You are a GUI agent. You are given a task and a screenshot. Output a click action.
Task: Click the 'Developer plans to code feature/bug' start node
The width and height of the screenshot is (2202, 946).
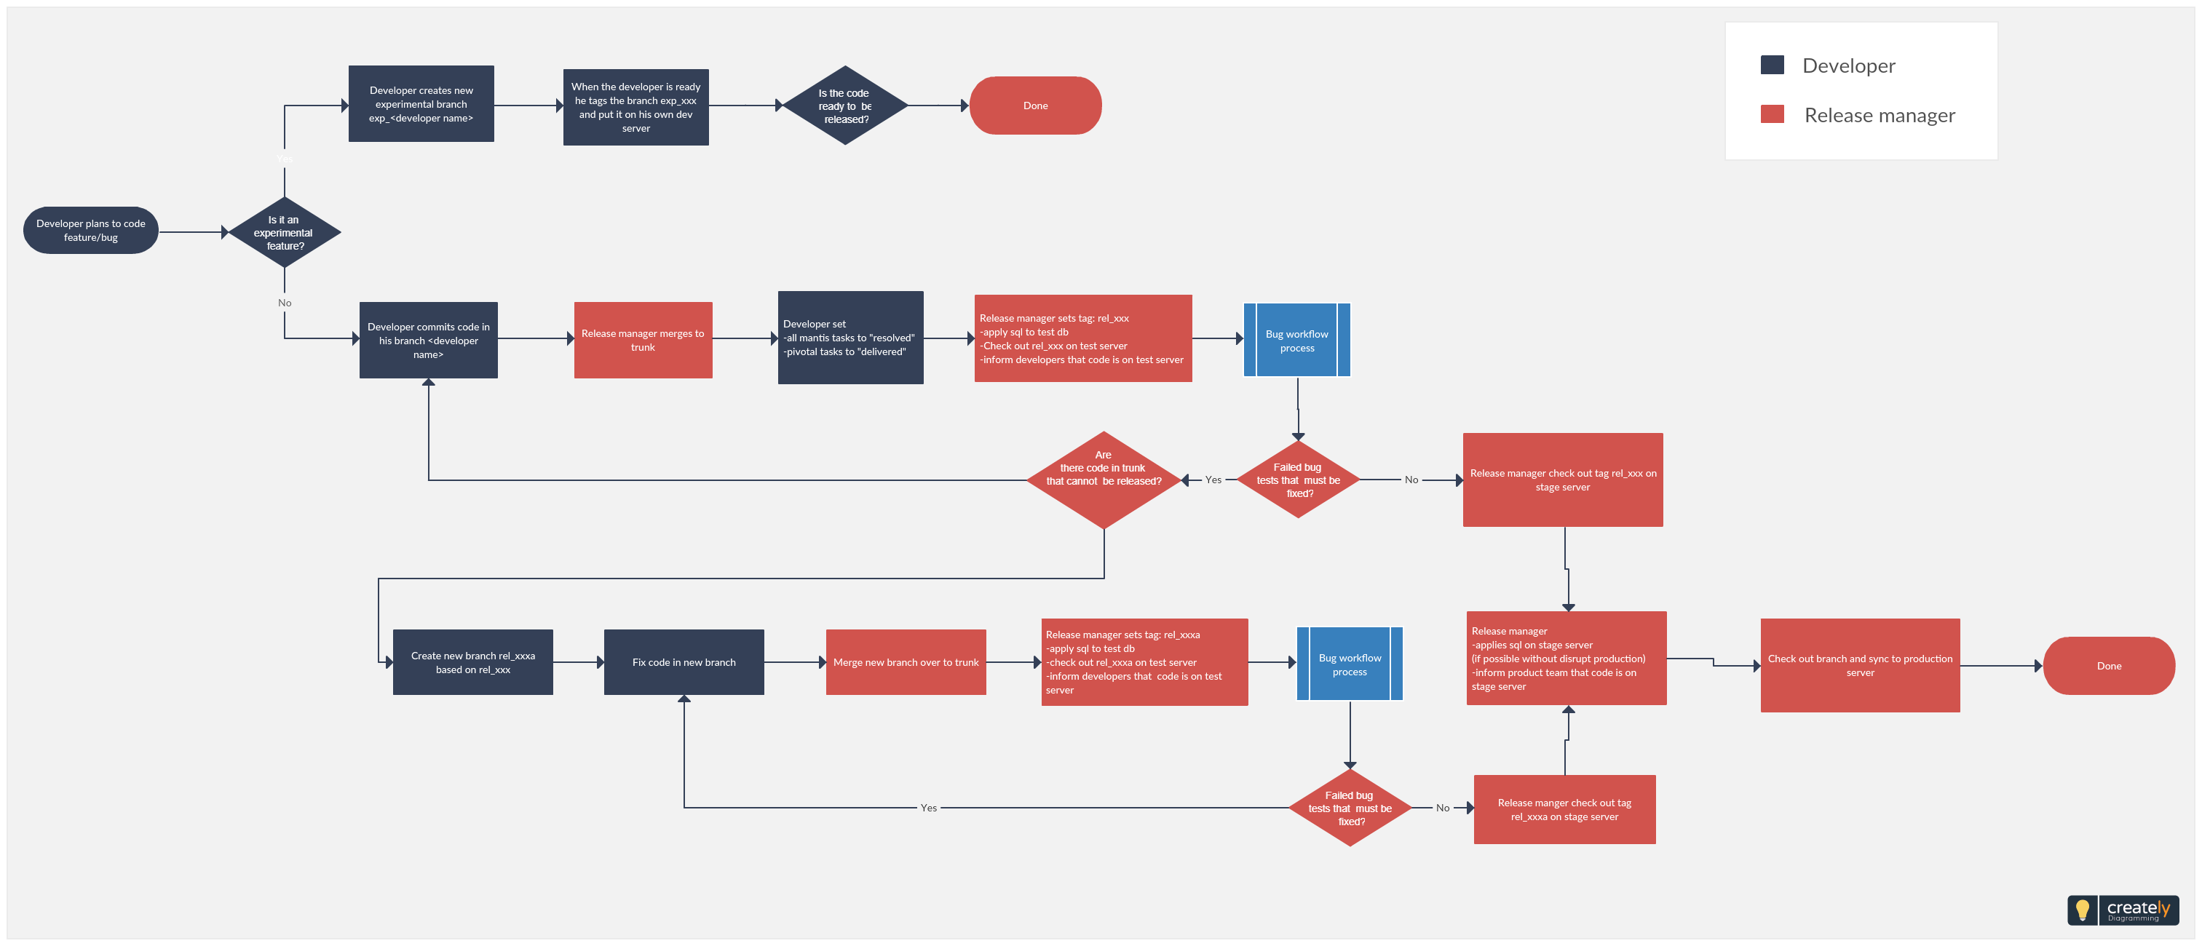90,231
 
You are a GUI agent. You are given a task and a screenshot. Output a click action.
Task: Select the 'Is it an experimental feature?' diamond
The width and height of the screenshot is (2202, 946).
285,232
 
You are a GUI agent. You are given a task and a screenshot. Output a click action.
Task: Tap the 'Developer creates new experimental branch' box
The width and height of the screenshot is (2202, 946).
421,104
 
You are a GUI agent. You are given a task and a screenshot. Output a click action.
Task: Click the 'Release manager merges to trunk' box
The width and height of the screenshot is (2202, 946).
643,340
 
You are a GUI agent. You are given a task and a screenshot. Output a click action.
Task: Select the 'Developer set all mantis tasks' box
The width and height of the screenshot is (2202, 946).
850,338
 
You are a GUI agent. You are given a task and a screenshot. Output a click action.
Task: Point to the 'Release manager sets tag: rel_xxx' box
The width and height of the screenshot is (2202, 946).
1083,338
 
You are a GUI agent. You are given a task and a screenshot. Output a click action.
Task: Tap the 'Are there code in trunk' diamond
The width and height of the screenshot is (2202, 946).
1104,480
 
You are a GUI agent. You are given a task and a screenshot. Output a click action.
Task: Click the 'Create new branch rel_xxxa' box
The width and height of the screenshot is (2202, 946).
472,662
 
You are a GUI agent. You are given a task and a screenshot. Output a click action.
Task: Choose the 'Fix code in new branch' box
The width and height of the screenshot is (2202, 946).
684,662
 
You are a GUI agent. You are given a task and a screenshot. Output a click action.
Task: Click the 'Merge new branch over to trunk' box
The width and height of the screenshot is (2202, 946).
906,662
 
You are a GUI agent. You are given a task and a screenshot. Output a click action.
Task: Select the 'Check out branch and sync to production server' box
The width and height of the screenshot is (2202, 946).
1860,666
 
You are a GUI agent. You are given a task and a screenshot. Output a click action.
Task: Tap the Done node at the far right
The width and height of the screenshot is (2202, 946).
2109,666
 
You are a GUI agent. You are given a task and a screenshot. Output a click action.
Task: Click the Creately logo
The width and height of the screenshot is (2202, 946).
2123,910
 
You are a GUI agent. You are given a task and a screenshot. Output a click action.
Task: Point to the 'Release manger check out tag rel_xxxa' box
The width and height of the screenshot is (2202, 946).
1564,809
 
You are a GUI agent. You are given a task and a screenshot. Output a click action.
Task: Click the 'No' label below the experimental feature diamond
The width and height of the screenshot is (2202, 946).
285,303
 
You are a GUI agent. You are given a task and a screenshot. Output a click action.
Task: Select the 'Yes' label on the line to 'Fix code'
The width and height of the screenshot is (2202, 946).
928,808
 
